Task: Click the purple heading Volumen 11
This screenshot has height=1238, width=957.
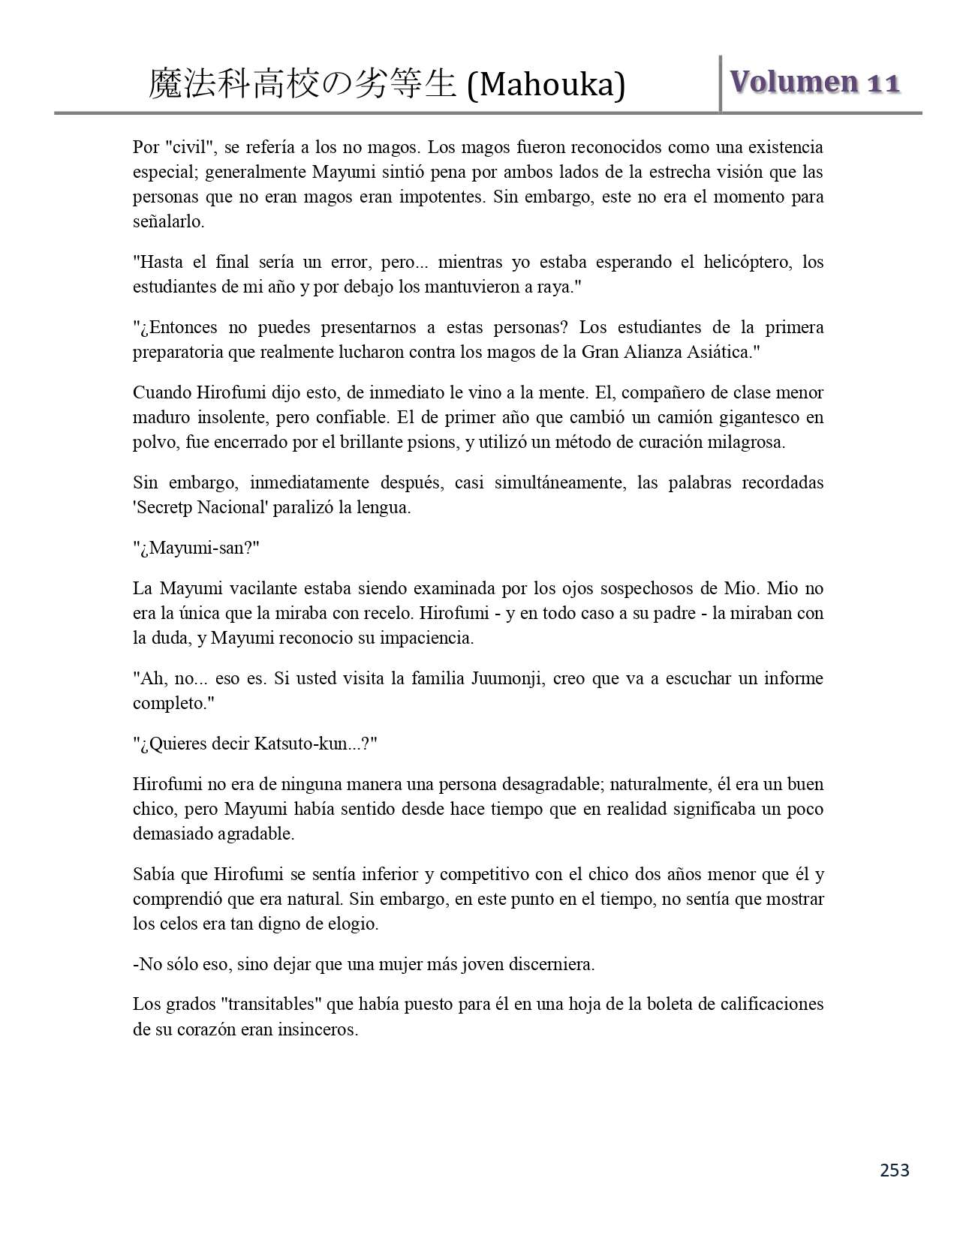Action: click(815, 83)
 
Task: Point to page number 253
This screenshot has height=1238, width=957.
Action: click(894, 1170)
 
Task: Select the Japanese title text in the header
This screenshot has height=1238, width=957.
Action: click(302, 84)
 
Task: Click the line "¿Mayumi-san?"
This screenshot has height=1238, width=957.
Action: click(196, 548)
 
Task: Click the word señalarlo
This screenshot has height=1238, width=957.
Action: click(168, 222)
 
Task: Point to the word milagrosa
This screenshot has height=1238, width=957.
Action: click(746, 442)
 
